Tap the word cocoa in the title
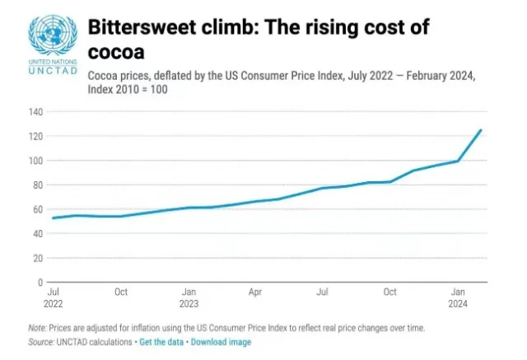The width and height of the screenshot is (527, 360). pyautogui.click(x=114, y=52)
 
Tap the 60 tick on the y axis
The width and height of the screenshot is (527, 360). pyautogui.click(x=37, y=209)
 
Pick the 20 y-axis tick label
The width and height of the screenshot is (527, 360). pyautogui.click(x=37, y=258)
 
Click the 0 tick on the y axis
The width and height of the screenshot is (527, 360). pyautogui.click(x=40, y=283)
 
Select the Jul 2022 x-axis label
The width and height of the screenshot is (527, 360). pyautogui.click(x=54, y=297)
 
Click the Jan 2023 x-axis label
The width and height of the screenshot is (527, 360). pyautogui.click(x=189, y=297)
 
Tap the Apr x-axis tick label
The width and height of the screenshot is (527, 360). pyautogui.click(x=255, y=292)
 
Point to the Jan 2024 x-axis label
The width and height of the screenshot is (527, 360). pyautogui.click(x=458, y=297)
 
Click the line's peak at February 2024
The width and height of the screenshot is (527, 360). pyautogui.click(x=481, y=129)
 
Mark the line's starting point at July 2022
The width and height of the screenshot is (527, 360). pyautogui.click(x=53, y=217)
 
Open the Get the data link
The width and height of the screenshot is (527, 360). pyautogui.click(x=161, y=342)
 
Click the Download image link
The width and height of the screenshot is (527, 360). pyautogui.click(x=221, y=342)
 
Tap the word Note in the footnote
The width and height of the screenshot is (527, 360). pyautogui.click(x=36, y=328)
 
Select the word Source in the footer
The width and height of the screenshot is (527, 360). pyautogui.click(x=40, y=342)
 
